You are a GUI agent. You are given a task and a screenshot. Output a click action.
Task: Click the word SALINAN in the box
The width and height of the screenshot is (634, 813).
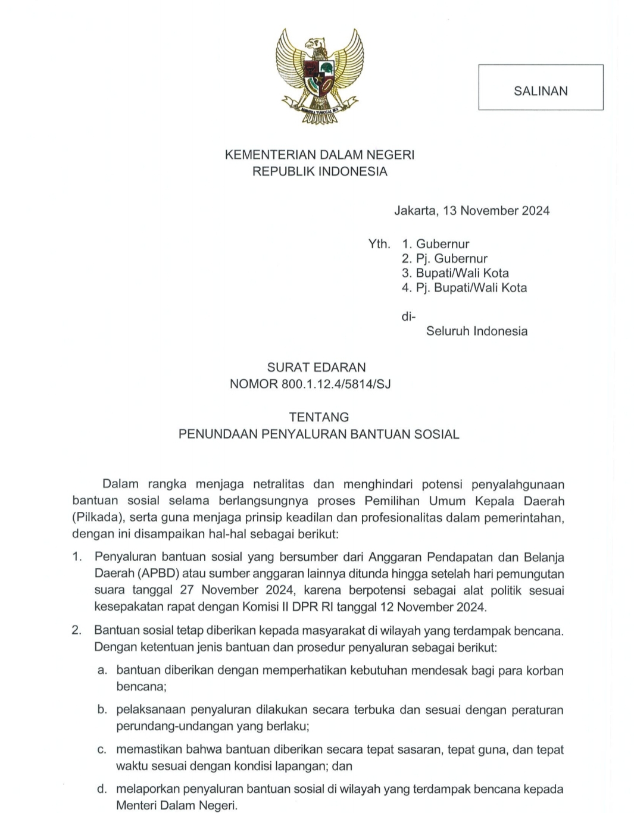point(541,91)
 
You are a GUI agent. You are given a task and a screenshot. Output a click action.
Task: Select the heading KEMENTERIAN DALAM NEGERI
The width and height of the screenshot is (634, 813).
point(319,155)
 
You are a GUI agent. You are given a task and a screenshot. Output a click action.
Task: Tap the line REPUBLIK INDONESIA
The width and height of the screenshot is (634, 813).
point(319,171)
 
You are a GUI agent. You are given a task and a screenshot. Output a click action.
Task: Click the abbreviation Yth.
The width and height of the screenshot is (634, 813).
point(379,244)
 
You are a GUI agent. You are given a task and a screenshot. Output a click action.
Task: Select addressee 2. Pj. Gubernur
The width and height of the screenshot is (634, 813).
point(445,258)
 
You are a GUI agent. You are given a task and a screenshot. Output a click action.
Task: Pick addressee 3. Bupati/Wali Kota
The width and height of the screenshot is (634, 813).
point(455,273)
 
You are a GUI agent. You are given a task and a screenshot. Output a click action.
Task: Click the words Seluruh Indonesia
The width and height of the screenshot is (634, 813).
point(476,331)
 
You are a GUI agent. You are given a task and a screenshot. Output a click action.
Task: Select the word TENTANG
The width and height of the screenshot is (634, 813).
point(319,417)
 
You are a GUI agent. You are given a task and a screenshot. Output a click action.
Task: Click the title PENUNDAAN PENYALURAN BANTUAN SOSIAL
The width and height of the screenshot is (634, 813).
point(319,434)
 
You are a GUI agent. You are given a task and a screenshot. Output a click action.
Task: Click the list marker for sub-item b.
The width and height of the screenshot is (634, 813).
point(102,709)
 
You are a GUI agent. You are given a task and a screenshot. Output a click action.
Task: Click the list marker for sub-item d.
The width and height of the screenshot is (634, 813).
point(102,789)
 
